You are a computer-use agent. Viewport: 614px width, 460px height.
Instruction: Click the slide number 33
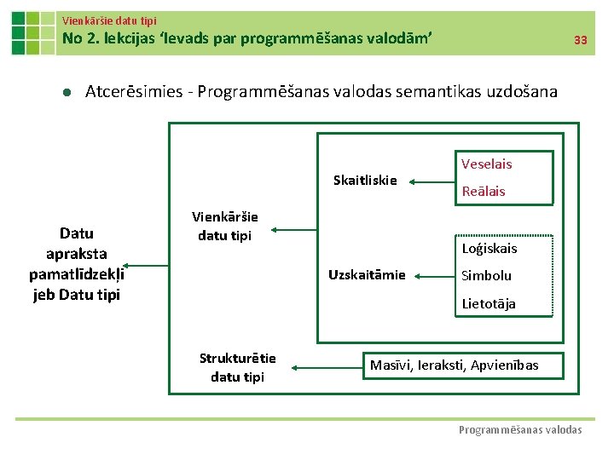tap(580, 40)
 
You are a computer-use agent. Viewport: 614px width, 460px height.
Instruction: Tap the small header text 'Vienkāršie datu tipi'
tap(109, 20)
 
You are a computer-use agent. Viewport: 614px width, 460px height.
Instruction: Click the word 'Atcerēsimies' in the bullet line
tap(131, 91)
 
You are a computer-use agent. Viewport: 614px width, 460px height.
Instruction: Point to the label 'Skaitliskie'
tap(365, 180)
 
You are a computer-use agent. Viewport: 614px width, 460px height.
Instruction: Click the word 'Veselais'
tap(486, 164)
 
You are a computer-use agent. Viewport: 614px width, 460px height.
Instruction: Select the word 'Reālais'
tap(483, 191)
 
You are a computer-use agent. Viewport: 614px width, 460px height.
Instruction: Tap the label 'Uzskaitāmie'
tap(368, 274)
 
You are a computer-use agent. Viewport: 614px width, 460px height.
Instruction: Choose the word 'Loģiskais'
tap(489, 249)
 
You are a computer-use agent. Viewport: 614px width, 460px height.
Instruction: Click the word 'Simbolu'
tap(486, 275)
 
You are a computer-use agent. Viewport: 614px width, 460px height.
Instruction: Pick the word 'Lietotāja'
tap(488, 303)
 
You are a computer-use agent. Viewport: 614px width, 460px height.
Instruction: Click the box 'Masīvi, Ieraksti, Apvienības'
tap(454, 365)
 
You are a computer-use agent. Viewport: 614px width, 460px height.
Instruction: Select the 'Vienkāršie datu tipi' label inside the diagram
tap(225, 226)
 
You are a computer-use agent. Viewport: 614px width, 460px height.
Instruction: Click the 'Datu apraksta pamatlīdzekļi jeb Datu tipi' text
tap(77, 264)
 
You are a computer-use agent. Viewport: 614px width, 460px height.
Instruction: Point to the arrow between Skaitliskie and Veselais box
tap(434, 180)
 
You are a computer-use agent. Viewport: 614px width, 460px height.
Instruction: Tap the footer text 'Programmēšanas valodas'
tap(520, 430)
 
